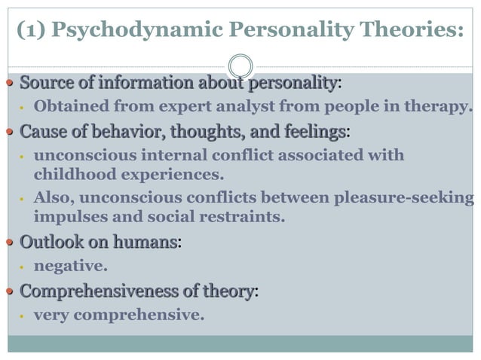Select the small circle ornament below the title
(240, 65)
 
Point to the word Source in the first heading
(42, 81)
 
